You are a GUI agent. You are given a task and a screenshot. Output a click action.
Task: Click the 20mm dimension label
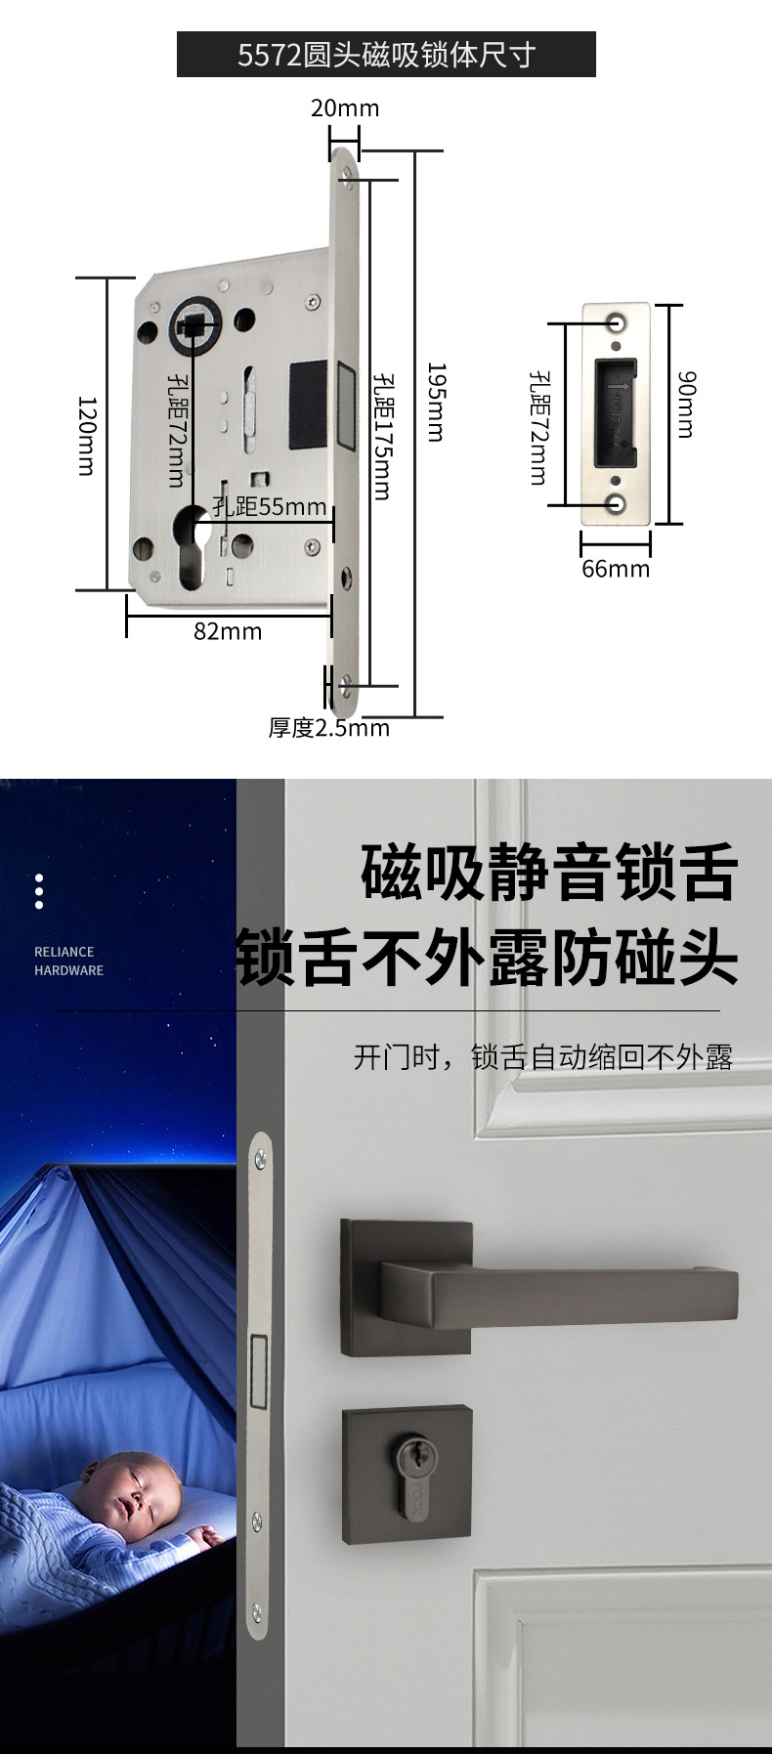(x=345, y=108)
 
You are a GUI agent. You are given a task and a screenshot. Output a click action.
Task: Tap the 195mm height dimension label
(x=437, y=402)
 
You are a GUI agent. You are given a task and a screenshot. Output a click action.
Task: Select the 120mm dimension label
(x=87, y=436)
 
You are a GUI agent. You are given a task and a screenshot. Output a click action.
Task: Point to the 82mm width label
(x=228, y=631)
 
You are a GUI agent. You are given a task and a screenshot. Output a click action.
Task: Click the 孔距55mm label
(x=270, y=506)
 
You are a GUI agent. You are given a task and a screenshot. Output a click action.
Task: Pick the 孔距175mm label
(x=382, y=435)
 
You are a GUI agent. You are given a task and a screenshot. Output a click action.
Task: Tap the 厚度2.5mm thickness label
(x=329, y=728)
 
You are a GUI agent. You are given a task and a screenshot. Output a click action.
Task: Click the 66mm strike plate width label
(x=616, y=569)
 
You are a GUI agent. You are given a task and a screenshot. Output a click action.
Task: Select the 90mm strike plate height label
(x=686, y=404)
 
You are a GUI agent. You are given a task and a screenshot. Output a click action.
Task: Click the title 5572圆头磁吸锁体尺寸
(x=386, y=55)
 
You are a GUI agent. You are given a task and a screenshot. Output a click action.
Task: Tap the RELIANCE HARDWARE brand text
(x=68, y=961)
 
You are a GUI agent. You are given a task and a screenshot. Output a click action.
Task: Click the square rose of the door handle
(x=405, y=1287)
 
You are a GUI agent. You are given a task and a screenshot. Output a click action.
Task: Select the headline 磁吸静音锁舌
(x=549, y=873)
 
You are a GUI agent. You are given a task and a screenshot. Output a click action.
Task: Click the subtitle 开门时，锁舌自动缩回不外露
(x=542, y=1057)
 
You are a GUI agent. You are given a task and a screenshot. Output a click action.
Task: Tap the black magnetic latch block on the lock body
(x=308, y=404)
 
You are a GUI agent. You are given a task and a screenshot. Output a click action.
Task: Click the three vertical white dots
(x=39, y=891)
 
